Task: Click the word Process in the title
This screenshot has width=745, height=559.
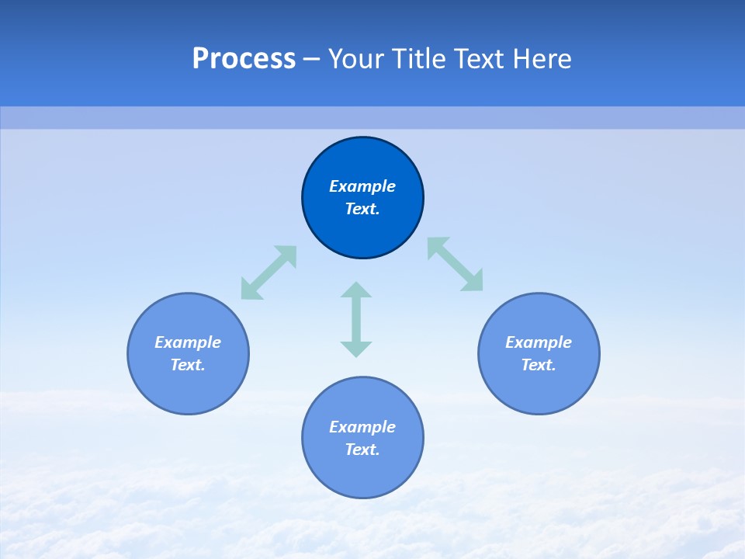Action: [244, 59]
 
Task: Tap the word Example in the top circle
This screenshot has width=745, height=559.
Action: [362, 186]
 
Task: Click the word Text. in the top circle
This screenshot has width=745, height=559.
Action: [362, 209]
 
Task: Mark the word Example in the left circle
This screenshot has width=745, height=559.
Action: [188, 342]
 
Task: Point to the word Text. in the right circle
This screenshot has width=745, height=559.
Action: [539, 365]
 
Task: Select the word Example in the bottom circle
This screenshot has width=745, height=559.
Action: [362, 427]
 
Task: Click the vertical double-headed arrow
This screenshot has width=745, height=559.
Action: [356, 319]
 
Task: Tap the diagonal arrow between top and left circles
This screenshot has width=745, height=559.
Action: [269, 273]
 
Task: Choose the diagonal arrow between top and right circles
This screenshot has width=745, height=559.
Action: [456, 264]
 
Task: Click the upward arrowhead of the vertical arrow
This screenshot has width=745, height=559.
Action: [356, 291]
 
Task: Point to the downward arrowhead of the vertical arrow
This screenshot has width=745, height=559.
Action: [356, 348]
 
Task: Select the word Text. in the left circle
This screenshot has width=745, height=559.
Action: [188, 365]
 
